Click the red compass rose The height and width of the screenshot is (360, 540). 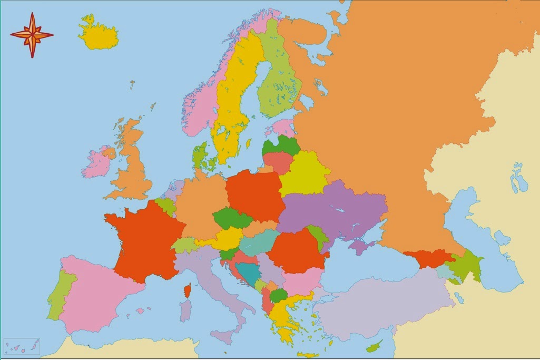pyautogui.click(x=32, y=35)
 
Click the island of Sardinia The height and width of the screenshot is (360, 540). pyautogui.click(x=185, y=310)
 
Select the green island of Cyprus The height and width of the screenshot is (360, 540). pyautogui.click(x=375, y=346)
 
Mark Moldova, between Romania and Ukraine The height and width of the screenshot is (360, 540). pyautogui.click(x=318, y=237)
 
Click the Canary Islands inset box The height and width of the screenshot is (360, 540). pyautogui.click(x=21, y=346)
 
